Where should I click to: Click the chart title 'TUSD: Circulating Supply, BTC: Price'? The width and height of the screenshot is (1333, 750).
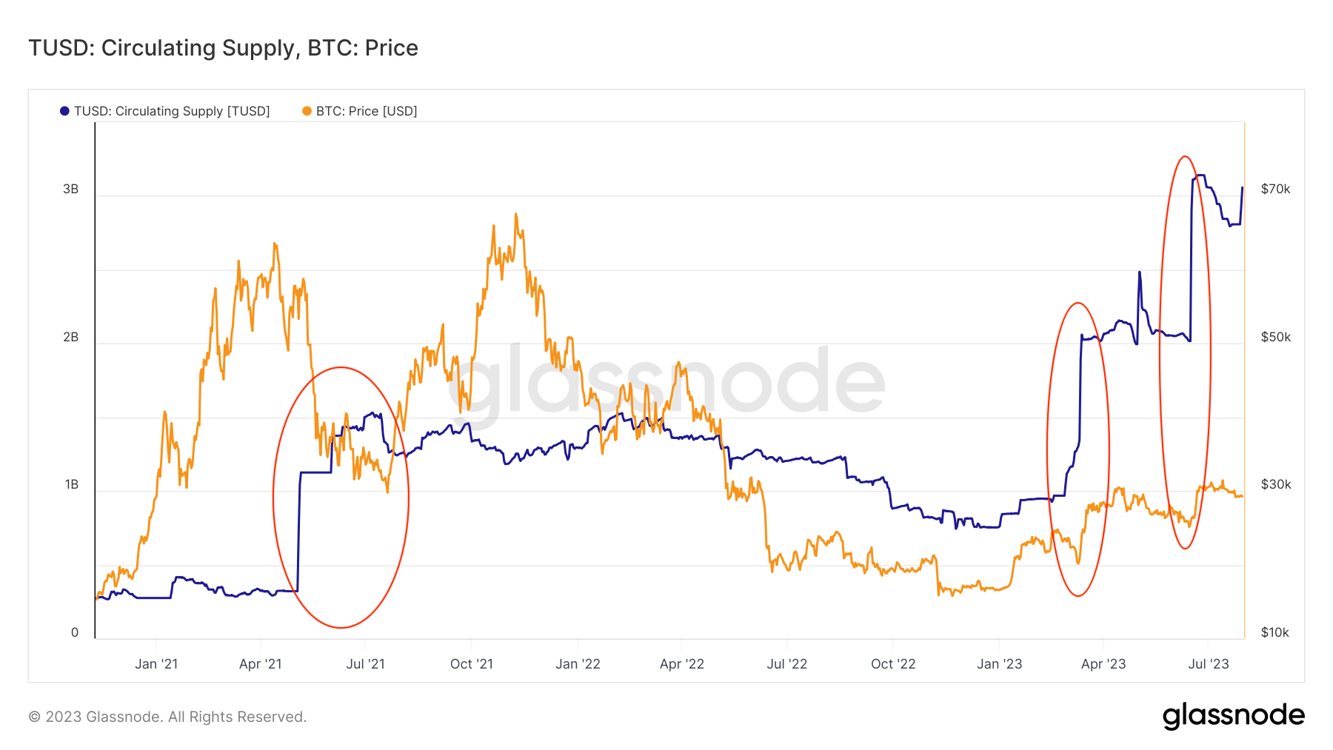223,48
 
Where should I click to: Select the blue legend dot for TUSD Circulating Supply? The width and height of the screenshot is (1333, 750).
64,111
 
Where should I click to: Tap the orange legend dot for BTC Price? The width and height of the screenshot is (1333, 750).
307,111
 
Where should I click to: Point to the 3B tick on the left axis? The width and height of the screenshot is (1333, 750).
70,189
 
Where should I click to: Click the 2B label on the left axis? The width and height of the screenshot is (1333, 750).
70,337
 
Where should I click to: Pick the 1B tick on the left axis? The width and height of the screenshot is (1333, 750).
71,484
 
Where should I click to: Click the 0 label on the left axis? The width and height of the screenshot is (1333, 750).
74,632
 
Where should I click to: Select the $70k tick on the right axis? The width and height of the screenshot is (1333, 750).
1275,189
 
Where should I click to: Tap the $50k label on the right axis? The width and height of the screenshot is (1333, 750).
1275,337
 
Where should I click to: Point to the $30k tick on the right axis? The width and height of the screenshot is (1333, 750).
1275,484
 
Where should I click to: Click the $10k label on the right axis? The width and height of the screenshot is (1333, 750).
1274,632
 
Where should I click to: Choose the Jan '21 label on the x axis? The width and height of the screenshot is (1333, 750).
156,664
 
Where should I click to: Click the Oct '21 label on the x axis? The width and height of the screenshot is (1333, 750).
472,664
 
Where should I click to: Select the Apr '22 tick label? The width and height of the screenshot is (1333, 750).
682,664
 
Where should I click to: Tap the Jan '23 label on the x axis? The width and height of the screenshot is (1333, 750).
999,664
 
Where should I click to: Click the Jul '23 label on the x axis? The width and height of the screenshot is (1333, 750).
1208,664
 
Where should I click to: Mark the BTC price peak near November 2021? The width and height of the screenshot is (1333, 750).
515,215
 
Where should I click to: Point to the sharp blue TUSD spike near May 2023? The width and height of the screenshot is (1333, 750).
1139,273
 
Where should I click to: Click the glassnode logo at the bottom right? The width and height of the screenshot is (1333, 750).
1233,716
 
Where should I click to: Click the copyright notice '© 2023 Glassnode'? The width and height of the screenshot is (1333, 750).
167,717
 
